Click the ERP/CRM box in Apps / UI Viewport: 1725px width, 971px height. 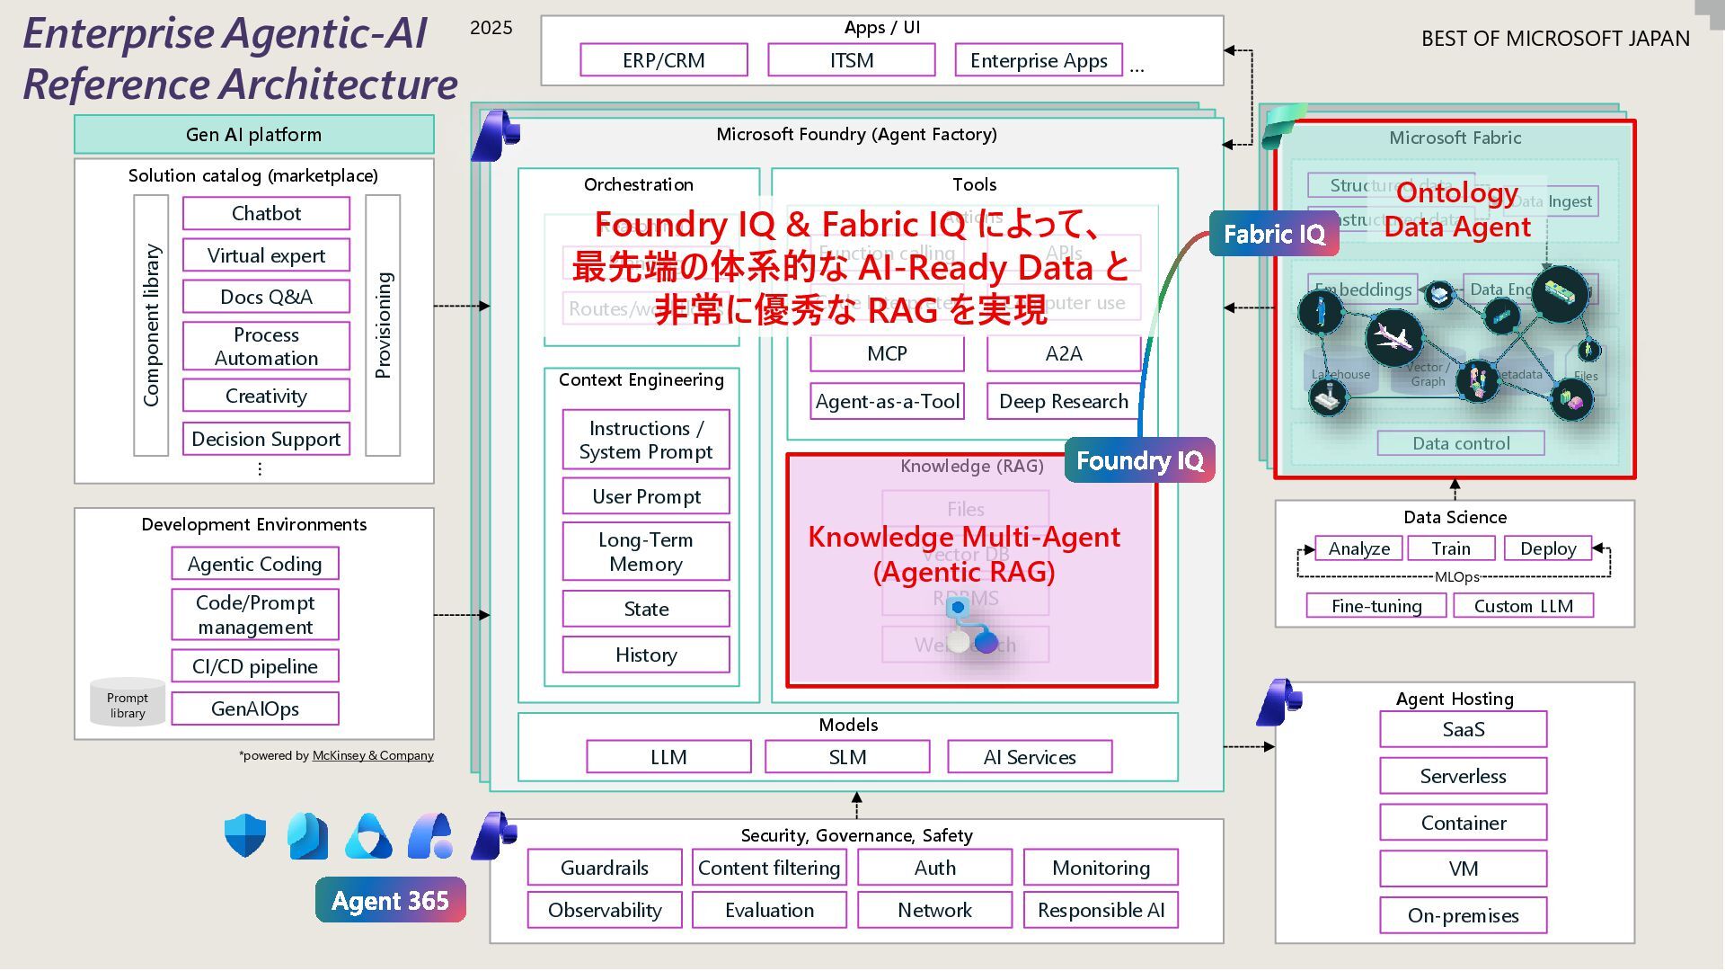[664, 60]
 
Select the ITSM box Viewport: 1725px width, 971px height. [851, 60]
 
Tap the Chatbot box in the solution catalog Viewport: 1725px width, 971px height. [266, 213]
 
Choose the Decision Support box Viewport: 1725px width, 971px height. [266, 439]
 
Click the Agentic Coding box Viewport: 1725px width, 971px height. [255, 564]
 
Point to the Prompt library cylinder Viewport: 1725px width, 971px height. [128, 702]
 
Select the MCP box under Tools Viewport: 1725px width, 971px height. [887, 353]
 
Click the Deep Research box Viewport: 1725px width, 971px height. [1064, 401]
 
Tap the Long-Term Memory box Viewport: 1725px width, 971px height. [646, 551]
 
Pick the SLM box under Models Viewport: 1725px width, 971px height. [847, 757]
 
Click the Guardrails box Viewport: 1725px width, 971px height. [605, 868]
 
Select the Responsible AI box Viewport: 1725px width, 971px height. [1101, 910]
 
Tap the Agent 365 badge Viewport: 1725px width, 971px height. [390, 900]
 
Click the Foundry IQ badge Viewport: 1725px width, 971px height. [1139, 460]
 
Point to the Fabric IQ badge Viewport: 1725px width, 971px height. [1274, 234]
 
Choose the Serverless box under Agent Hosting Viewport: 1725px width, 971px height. [1463, 776]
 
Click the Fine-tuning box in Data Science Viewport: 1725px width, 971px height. [1376, 606]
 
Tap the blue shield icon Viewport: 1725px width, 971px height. [245, 835]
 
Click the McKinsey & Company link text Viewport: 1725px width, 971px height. [373, 755]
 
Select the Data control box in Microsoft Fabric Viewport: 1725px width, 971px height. [1461, 443]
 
